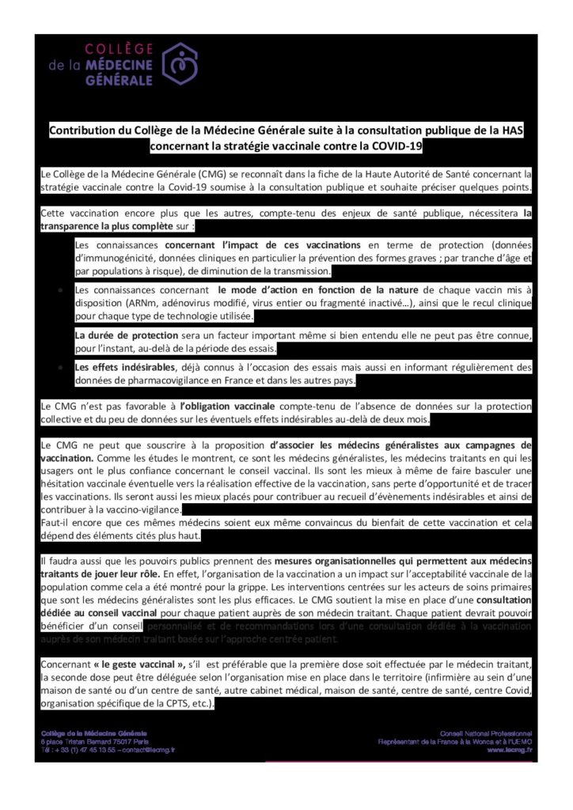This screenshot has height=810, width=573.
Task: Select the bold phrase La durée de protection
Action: pos(127,335)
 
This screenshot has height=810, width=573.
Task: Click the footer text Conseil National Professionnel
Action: pos(486,733)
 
